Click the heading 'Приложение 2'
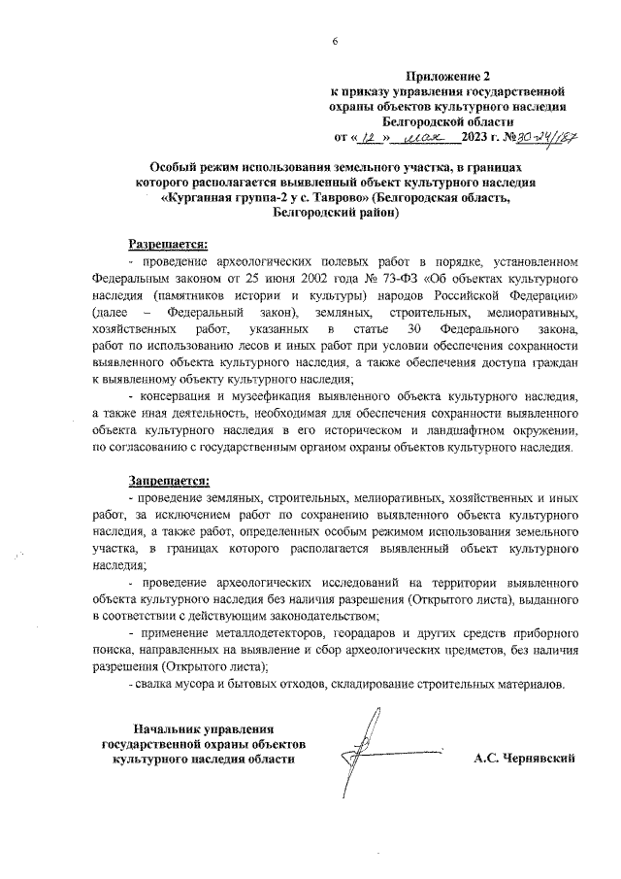coord(447,76)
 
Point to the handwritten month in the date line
coord(424,138)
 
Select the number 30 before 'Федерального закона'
coord(417,330)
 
